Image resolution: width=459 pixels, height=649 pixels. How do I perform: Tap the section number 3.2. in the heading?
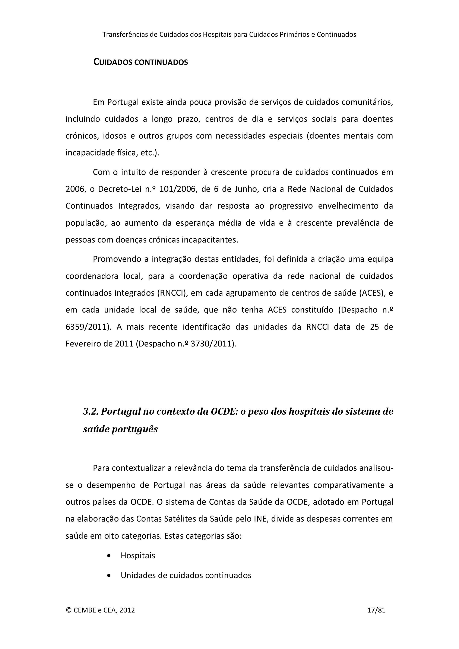pos(91,412)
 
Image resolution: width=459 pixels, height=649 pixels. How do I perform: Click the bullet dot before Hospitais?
pos(109,556)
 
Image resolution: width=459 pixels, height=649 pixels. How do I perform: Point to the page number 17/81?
pos(376,610)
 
